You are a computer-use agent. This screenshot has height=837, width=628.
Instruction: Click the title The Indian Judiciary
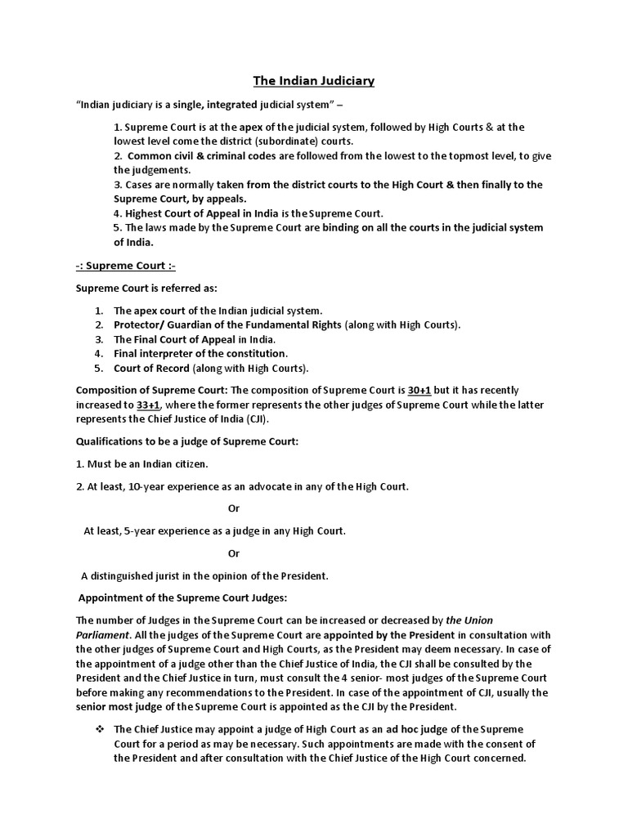click(313, 81)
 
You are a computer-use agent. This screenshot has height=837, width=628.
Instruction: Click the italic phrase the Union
click(469, 620)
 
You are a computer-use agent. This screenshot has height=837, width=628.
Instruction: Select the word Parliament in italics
click(103, 635)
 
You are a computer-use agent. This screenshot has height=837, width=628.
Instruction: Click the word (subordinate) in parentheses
click(278, 141)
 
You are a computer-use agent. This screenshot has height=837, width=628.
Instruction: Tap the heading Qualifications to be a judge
click(187, 442)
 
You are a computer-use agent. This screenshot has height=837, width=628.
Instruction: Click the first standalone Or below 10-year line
click(234, 508)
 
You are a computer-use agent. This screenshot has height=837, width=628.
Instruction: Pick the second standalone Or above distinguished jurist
click(234, 553)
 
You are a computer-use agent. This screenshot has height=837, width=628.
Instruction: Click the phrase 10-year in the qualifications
click(145, 486)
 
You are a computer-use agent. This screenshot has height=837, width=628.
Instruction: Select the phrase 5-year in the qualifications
click(141, 531)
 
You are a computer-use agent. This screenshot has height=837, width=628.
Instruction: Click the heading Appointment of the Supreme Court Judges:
click(183, 598)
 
